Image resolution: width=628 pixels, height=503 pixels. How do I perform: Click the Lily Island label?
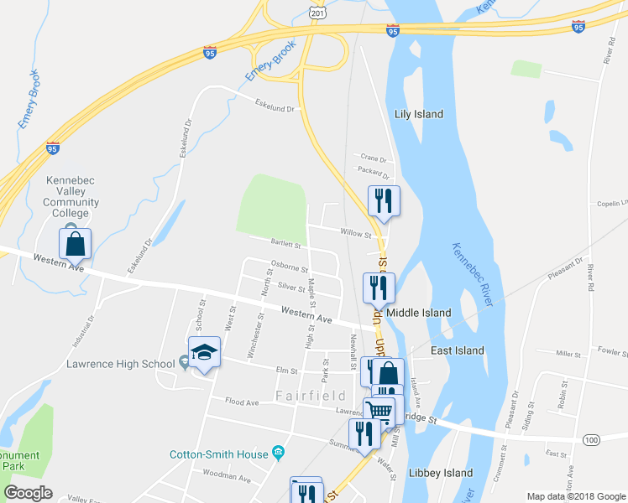(419, 114)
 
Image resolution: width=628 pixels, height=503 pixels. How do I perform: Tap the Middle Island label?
(419, 313)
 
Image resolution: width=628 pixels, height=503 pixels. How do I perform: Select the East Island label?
(457, 350)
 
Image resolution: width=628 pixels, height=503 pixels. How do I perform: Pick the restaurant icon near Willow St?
(384, 200)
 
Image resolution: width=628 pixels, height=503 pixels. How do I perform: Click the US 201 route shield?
(317, 13)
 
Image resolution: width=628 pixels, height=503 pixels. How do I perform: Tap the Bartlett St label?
(285, 244)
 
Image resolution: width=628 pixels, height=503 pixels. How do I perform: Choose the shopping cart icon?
(379, 411)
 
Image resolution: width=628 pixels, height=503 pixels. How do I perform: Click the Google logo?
(28, 493)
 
